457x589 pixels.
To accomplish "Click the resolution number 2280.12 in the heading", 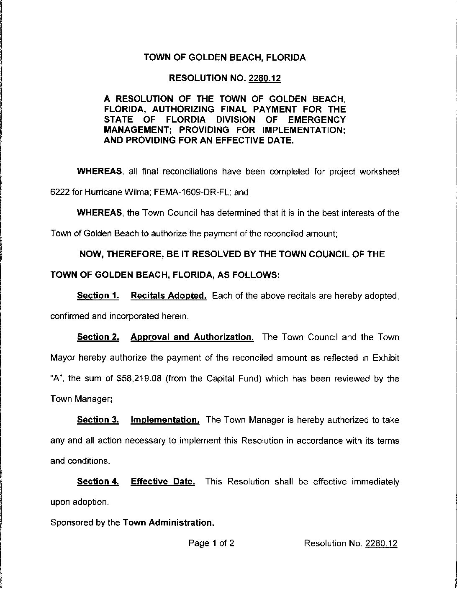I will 264,78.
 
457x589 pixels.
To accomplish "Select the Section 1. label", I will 98,296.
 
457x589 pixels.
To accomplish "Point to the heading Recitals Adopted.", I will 169,296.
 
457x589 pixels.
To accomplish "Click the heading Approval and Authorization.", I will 192,337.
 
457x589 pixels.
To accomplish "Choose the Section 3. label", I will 98,420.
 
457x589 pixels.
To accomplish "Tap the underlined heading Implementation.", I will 165,420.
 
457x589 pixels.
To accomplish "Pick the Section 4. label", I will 98,481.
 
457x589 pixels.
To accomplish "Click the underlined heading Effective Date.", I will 163,481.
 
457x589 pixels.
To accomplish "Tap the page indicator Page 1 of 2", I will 211,543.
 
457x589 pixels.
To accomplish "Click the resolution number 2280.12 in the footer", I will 381,543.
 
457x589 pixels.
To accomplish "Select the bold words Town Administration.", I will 169,522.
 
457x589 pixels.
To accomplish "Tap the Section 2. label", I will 98,337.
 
